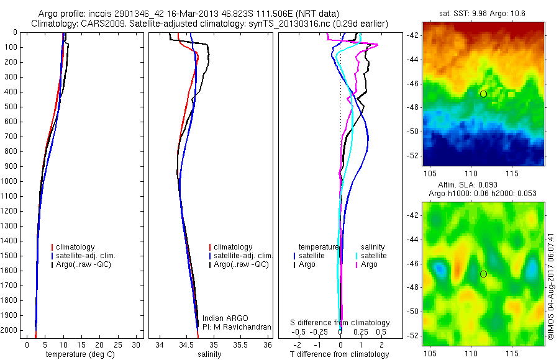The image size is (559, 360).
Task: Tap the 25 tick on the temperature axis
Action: coord(117,344)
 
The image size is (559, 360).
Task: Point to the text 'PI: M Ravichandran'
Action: coord(237,326)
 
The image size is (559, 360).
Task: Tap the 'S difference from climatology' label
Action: coord(340,323)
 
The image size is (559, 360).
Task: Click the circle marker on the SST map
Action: coord(483,94)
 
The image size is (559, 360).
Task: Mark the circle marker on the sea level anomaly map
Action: coord(483,274)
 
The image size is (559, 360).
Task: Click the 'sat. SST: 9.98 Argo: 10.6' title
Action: coord(483,12)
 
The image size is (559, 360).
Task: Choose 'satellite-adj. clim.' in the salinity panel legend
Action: coord(243,256)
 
